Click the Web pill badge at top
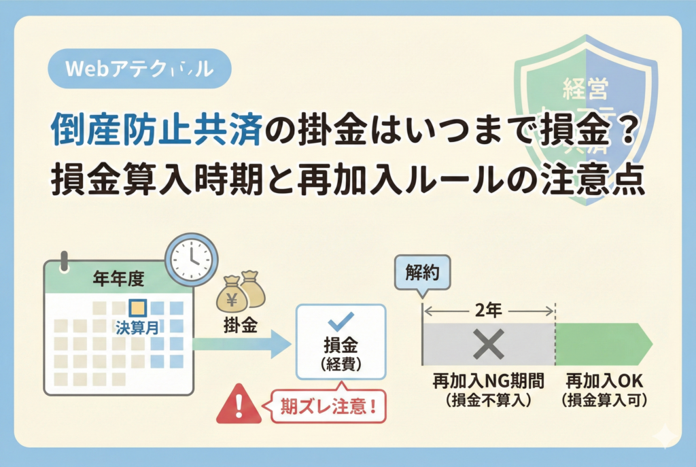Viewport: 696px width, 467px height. [140, 69]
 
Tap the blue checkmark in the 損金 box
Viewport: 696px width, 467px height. [340, 319]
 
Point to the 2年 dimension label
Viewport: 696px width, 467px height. [488, 311]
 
